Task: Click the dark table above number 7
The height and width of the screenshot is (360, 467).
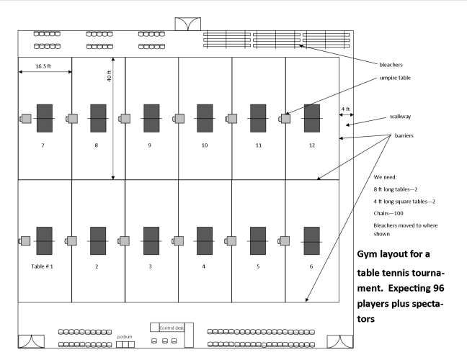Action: coord(45,118)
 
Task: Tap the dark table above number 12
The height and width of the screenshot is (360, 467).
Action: coord(311,118)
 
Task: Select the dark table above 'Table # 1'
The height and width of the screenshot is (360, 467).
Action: coord(45,240)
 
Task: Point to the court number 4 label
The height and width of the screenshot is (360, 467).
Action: coord(205,266)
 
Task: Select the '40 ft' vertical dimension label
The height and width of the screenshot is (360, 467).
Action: coord(108,81)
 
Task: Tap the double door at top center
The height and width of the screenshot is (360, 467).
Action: coord(186,23)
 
